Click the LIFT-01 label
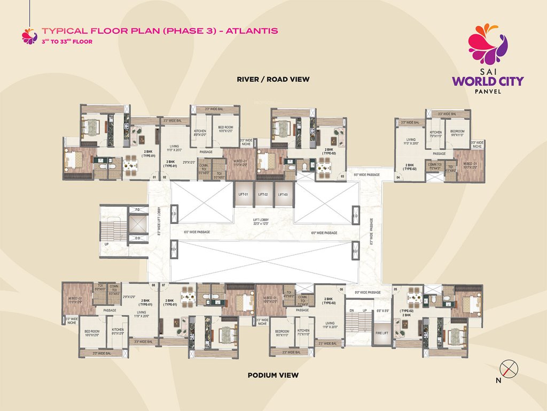pos(243,195)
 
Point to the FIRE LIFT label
pos(381,333)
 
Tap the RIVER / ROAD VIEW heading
pos(273,79)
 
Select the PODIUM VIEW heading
pos(273,375)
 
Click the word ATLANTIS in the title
pos(252,31)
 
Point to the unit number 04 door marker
pos(398,177)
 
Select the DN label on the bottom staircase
pos(351,311)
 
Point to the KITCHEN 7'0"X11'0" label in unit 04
pos(436,134)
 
